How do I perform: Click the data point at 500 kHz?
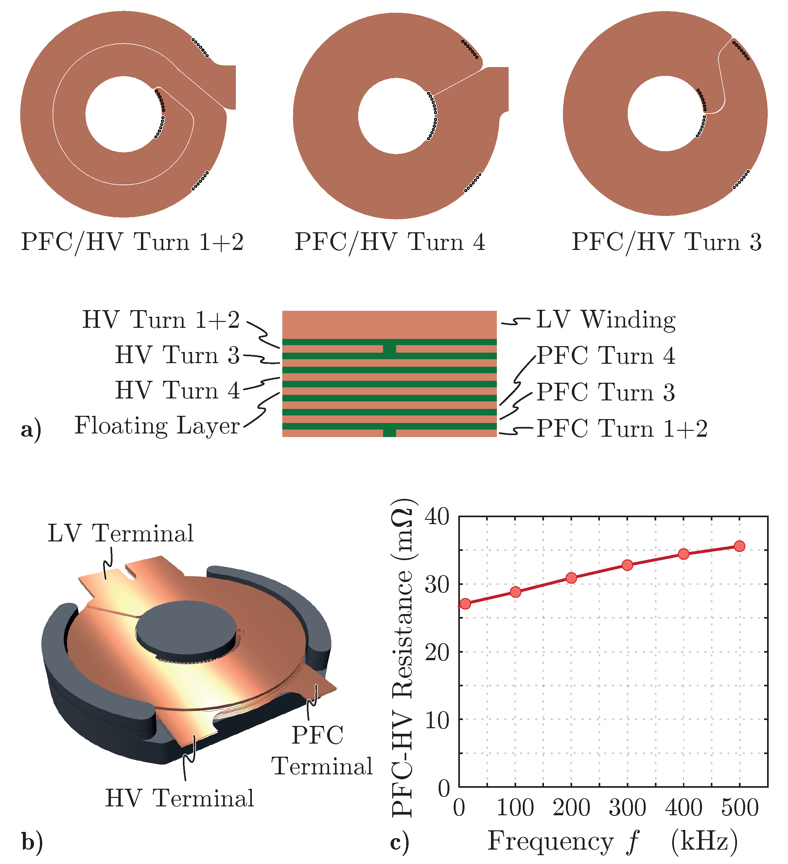click(x=739, y=546)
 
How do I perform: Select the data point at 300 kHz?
click(x=627, y=565)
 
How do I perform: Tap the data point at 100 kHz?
click(x=516, y=592)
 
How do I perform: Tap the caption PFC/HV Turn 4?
click(x=390, y=242)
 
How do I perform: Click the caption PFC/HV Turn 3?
click(x=666, y=242)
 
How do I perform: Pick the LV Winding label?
click(x=605, y=320)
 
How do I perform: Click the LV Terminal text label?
click(x=120, y=533)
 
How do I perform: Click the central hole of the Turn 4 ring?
click(x=396, y=116)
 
